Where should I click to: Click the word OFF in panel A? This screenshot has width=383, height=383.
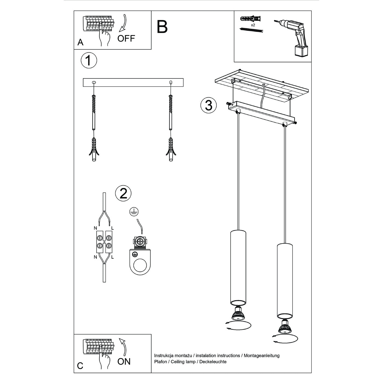pos(126,38)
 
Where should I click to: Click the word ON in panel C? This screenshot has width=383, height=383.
pos(124,361)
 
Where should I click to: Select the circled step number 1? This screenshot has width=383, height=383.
pos(89,60)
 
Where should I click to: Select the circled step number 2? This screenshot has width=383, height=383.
pos(123,194)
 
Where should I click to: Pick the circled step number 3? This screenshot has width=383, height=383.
pos(208,105)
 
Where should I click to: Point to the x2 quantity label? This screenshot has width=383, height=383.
pos(253,25)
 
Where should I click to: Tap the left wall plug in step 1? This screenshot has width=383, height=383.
pos(94,150)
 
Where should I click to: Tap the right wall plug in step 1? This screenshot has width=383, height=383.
pos(171,150)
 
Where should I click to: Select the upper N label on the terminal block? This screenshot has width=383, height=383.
pos(95,228)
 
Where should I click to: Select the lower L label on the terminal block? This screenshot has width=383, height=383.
pos(112,257)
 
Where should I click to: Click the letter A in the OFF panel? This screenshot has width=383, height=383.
pos(80,42)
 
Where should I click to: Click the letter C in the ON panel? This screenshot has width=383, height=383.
pos(80,366)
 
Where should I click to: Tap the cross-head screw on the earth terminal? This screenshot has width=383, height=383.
pos(140,242)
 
